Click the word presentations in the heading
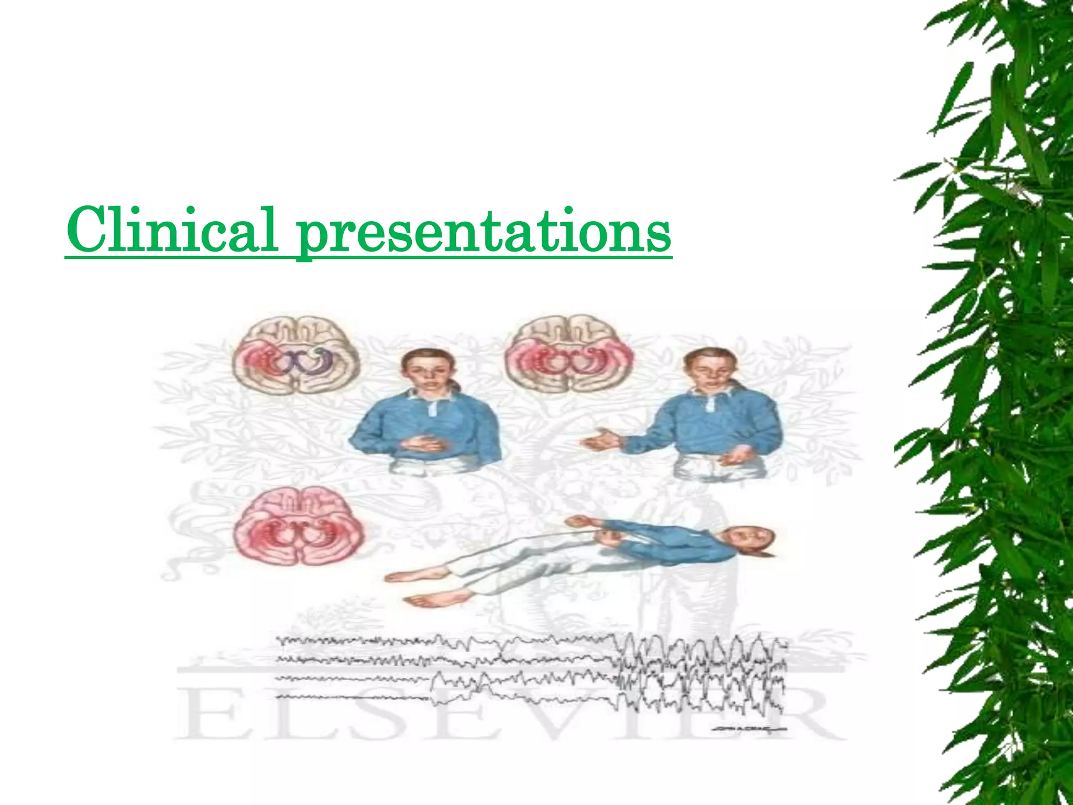pos(484,231)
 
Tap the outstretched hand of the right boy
pos(600,441)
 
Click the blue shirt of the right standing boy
pos(723,430)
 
